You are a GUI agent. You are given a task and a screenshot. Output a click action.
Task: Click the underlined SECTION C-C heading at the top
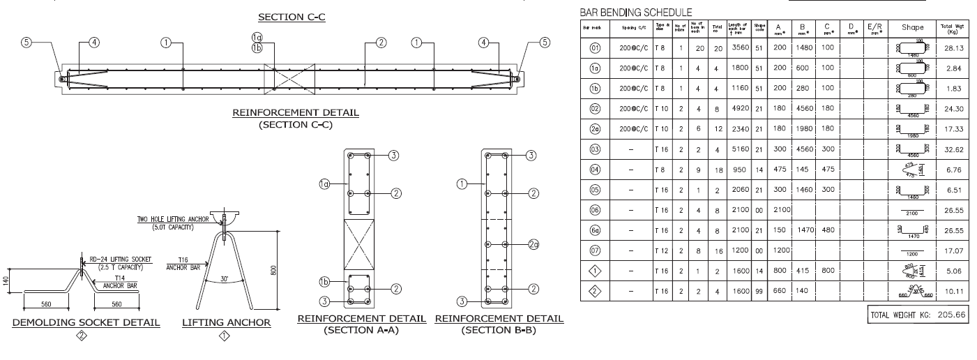(291, 17)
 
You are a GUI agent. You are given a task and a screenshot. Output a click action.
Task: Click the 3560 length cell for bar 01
(737, 48)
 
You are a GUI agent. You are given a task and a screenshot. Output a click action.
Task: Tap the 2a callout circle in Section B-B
(533, 245)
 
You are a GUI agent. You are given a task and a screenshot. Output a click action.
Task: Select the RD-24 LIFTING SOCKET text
(114, 258)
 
